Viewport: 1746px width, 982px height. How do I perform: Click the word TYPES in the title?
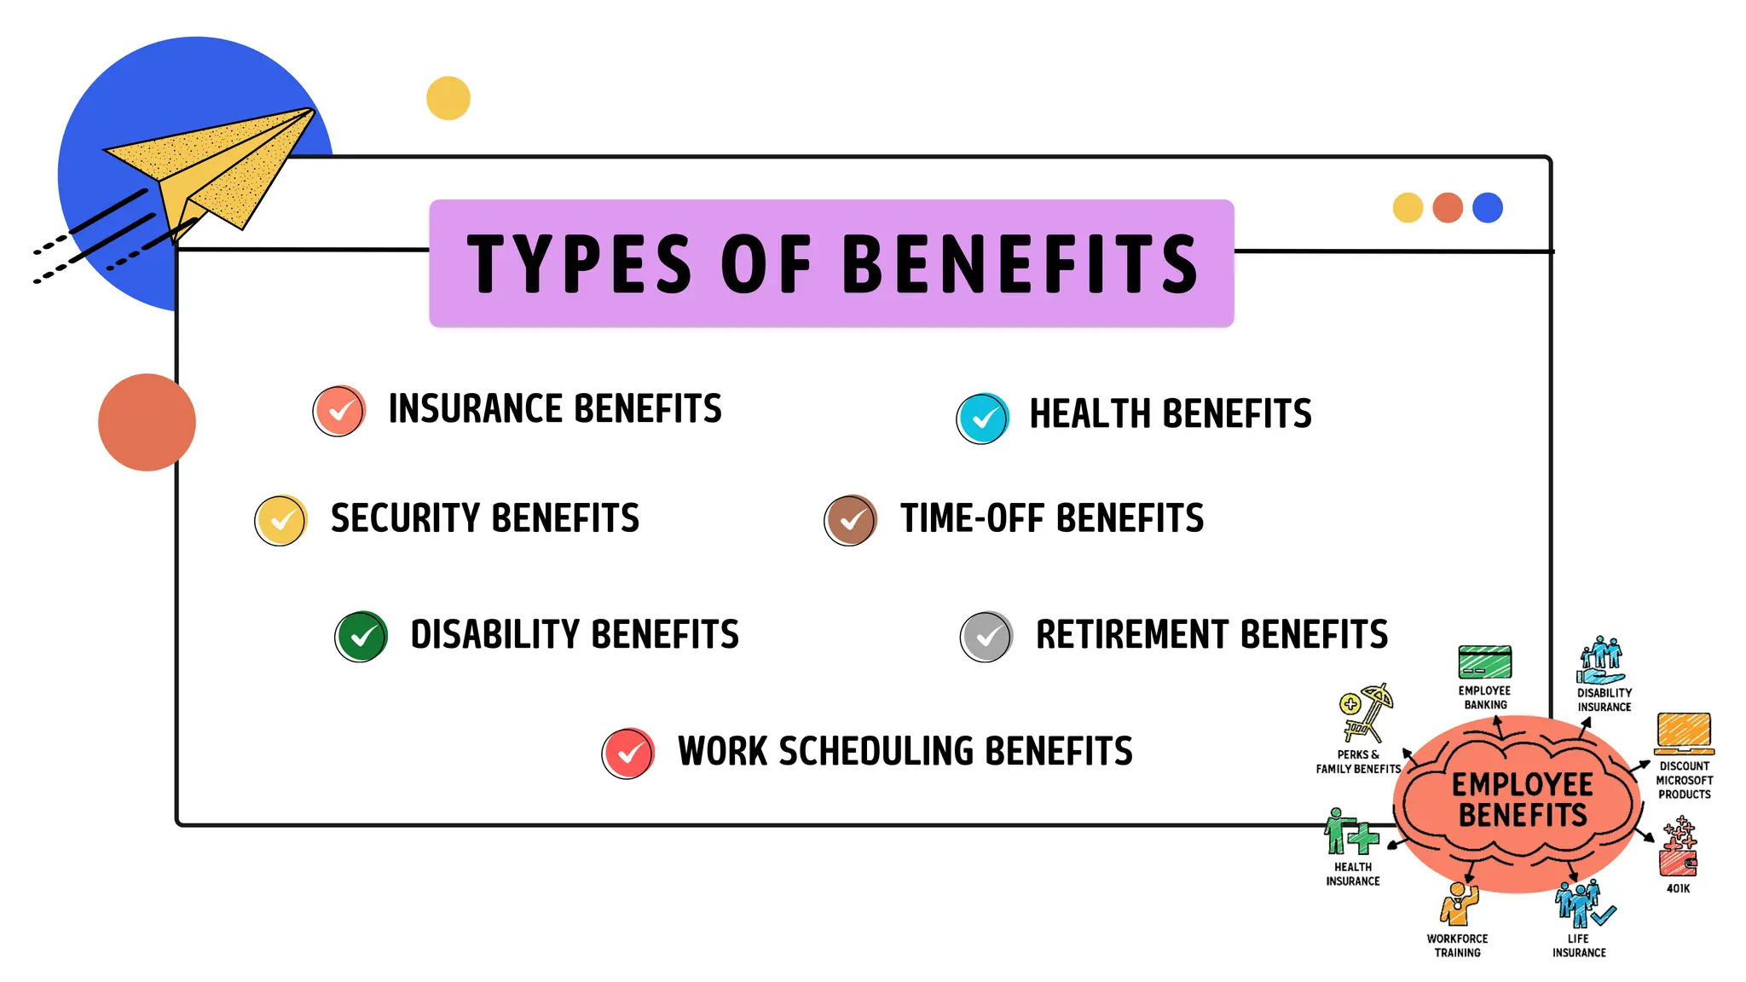pyautogui.click(x=579, y=264)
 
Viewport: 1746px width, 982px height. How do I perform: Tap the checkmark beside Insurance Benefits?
pyautogui.click(x=339, y=411)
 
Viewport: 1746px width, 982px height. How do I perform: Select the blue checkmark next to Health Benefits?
pyautogui.click(x=983, y=419)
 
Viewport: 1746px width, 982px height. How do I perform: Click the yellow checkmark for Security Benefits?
pyautogui.click(x=281, y=520)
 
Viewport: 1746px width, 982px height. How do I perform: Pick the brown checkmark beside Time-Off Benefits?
pyautogui.click(x=851, y=520)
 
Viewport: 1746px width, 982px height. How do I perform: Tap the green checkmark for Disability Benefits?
pyautogui.click(x=361, y=637)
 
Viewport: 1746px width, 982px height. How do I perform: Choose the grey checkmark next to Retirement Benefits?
pyautogui.click(x=987, y=637)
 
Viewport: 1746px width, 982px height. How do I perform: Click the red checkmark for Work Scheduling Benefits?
pyautogui.click(x=628, y=754)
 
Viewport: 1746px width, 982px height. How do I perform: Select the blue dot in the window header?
pyautogui.click(x=1488, y=208)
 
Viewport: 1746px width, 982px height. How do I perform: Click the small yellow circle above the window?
pyautogui.click(x=448, y=98)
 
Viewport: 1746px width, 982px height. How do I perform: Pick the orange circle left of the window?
pyautogui.click(x=147, y=422)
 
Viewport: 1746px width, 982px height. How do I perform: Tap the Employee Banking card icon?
pyautogui.click(x=1485, y=662)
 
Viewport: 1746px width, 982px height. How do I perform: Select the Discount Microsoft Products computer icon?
pyautogui.click(x=1684, y=733)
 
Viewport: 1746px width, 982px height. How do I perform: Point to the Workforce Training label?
pyautogui.click(x=1458, y=945)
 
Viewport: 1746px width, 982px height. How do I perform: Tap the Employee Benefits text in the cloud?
pyautogui.click(x=1523, y=800)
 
